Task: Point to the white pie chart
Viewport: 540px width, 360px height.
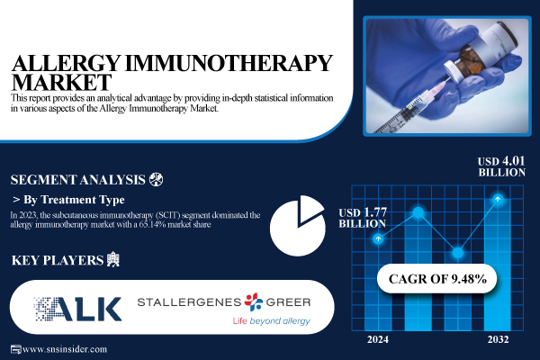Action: (298, 225)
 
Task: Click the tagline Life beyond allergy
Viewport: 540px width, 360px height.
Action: (271, 321)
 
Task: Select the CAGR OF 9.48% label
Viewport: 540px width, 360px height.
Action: (438, 279)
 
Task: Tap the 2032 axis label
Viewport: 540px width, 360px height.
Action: (496, 339)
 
